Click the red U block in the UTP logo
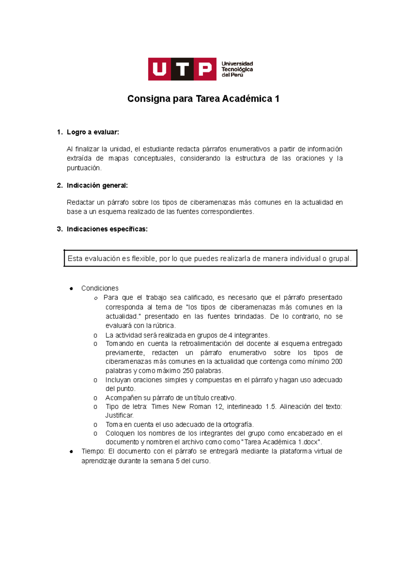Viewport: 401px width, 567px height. point(159,69)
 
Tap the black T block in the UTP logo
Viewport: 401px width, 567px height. point(182,69)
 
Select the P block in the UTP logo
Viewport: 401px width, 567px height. point(205,69)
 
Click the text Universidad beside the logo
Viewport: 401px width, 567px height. point(237,64)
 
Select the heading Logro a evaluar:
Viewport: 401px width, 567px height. point(93,132)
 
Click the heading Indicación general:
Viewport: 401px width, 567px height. point(97,185)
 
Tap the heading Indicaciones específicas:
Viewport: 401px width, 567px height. point(107,229)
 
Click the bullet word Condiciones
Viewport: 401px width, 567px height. point(100,288)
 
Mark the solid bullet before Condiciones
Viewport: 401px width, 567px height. point(71,289)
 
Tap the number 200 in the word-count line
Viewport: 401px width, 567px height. point(337,361)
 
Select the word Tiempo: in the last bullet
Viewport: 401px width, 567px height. point(93,451)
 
